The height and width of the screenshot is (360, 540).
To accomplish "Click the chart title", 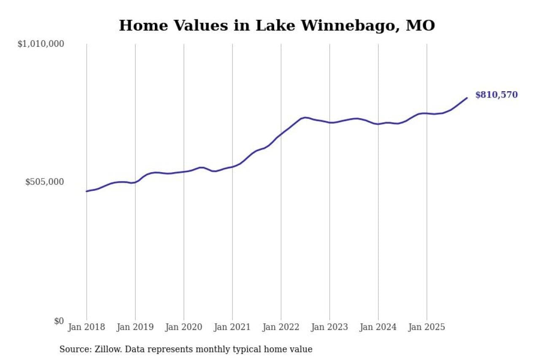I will point(277,26).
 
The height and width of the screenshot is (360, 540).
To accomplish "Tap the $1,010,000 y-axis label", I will point(40,44).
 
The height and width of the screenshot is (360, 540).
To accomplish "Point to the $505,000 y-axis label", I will point(44,182).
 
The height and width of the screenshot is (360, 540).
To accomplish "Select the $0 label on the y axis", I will point(59,321).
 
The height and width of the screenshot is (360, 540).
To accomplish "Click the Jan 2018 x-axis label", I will point(86,328).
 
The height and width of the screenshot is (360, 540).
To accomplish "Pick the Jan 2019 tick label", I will point(135,328).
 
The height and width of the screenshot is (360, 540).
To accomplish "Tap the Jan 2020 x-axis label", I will point(184,328).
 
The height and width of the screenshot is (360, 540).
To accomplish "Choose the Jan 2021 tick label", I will point(232,328).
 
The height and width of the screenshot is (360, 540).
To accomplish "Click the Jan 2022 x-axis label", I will point(281,328).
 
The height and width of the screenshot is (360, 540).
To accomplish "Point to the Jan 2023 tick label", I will point(329,328).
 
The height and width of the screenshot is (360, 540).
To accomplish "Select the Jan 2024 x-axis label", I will point(378,328).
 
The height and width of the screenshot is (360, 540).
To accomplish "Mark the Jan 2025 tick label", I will point(427,328).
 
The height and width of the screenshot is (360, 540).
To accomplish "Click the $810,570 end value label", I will point(497,95).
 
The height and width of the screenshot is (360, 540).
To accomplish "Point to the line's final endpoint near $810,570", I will point(467,98).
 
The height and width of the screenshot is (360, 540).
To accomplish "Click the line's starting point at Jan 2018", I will point(86,191).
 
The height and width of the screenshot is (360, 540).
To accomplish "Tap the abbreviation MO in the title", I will point(420,26).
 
